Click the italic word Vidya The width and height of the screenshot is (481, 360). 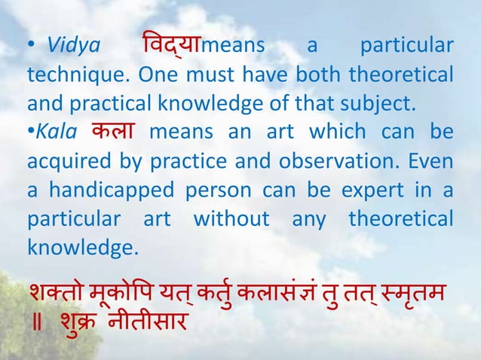click(73, 47)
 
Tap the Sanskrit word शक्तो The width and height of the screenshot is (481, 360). click(53, 291)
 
